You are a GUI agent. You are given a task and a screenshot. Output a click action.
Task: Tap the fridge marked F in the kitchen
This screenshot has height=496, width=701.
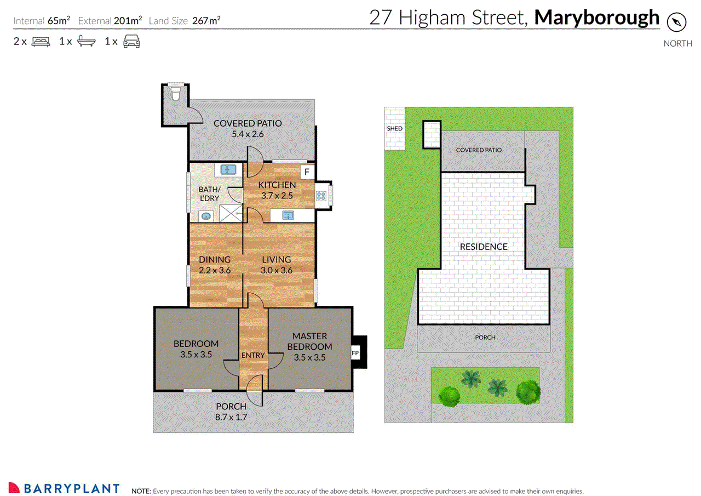307,172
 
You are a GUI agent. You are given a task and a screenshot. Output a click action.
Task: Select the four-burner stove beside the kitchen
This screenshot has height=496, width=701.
321,196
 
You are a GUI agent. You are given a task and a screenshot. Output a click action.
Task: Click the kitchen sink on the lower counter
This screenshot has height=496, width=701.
288,215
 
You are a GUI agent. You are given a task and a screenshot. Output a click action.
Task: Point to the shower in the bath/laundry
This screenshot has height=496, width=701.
231,214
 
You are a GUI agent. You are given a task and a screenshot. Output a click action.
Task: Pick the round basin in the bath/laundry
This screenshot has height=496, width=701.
205,216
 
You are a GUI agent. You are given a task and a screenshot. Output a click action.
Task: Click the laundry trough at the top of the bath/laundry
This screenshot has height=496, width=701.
228,170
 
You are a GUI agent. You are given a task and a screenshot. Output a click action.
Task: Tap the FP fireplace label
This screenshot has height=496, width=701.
355,353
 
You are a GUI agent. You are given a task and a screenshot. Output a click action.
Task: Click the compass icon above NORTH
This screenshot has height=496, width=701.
676,22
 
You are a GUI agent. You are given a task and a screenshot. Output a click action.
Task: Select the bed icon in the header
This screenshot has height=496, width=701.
41,42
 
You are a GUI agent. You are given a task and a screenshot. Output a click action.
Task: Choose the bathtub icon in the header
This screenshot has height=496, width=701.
86,41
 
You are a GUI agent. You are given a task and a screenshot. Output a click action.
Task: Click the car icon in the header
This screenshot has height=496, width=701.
131,41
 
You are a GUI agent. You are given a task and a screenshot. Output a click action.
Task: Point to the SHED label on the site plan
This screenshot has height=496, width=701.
394,128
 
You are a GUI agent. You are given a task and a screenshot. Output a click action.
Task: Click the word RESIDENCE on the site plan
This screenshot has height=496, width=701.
484,247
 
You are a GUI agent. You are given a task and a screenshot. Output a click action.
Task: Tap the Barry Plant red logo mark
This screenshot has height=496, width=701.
14,487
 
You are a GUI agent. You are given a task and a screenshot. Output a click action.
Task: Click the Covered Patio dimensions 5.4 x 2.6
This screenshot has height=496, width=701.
248,134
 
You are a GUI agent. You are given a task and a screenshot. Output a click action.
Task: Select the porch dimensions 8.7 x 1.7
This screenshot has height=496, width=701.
231,417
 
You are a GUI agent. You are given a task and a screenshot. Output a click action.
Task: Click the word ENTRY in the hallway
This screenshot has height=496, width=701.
253,355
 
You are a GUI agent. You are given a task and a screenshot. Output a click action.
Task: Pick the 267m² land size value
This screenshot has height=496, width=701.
206,20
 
